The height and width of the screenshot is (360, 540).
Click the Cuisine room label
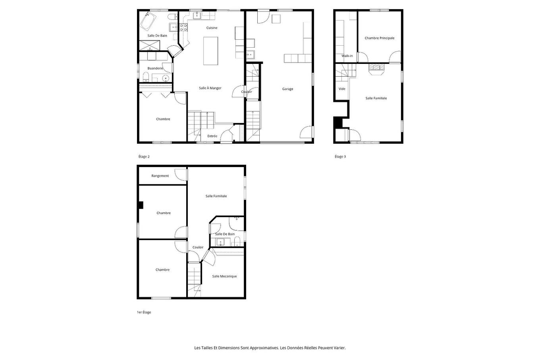(x=212, y=28)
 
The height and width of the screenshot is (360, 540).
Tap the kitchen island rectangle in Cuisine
(x=211, y=51)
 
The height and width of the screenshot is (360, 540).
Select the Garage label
(x=287, y=89)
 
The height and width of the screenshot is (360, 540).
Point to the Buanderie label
(x=155, y=68)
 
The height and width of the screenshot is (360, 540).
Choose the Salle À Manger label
(x=210, y=88)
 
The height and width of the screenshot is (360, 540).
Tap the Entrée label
(x=212, y=136)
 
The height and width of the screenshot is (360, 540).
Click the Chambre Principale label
(x=380, y=38)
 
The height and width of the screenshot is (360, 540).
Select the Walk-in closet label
(x=347, y=56)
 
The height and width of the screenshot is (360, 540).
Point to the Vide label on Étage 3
(x=342, y=89)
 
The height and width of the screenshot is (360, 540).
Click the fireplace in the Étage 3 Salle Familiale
(x=376, y=69)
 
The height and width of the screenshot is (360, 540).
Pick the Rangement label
(x=160, y=176)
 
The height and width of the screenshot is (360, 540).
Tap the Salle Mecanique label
(x=224, y=276)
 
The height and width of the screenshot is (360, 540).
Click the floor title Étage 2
(x=144, y=156)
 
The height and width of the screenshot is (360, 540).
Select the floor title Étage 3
(x=340, y=156)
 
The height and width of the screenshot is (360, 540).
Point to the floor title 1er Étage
(x=144, y=312)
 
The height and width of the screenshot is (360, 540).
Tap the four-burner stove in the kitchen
(x=184, y=27)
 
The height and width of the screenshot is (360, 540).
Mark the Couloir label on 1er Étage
(x=198, y=247)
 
